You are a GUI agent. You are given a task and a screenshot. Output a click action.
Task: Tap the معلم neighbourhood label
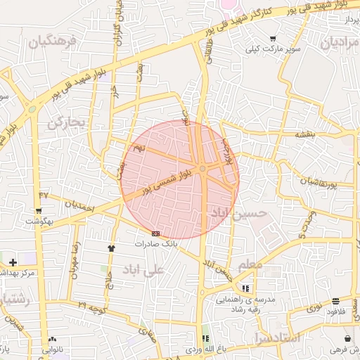(x=250, y=264)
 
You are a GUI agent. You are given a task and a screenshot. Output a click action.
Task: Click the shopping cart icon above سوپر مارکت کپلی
(x=273, y=39)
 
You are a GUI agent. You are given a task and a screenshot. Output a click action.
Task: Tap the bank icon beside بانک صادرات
(x=155, y=233)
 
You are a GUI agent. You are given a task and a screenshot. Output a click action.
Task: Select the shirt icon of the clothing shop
(x=111, y=247)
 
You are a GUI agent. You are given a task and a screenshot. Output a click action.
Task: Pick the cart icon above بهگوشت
(x=38, y=210)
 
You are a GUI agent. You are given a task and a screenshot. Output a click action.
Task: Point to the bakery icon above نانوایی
(x=53, y=338)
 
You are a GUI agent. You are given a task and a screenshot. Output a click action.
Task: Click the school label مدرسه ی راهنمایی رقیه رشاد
(x=247, y=304)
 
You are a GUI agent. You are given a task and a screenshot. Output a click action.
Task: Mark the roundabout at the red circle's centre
(x=202, y=169)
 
